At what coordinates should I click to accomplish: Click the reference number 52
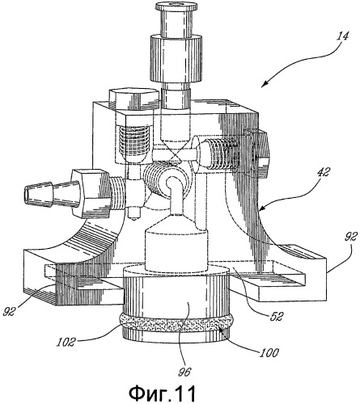point(275,316)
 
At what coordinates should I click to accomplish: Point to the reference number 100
point(269,352)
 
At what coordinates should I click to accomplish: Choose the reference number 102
point(66,342)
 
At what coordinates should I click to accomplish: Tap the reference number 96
point(184,372)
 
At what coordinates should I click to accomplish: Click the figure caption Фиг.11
point(163,393)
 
